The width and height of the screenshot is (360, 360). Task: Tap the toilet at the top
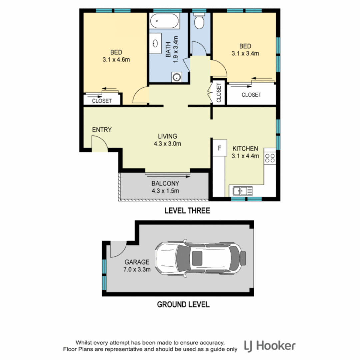tap(200, 22)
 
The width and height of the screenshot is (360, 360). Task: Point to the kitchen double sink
tap(243, 191)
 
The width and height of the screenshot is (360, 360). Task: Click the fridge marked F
tap(219, 147)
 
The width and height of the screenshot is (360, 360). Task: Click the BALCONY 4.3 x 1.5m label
tap(165, 187)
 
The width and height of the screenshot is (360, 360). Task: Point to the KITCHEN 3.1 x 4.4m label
tap(245, 152)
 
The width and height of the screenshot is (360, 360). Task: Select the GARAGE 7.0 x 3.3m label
tap(136, 266)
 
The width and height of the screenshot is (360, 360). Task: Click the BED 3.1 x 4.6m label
tap(116, 56)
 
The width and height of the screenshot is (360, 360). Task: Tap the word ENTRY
tap(102, 130)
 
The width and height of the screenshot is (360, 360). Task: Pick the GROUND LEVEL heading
tap(183, 304)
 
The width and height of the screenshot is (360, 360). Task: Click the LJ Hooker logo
tap(270, 345)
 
